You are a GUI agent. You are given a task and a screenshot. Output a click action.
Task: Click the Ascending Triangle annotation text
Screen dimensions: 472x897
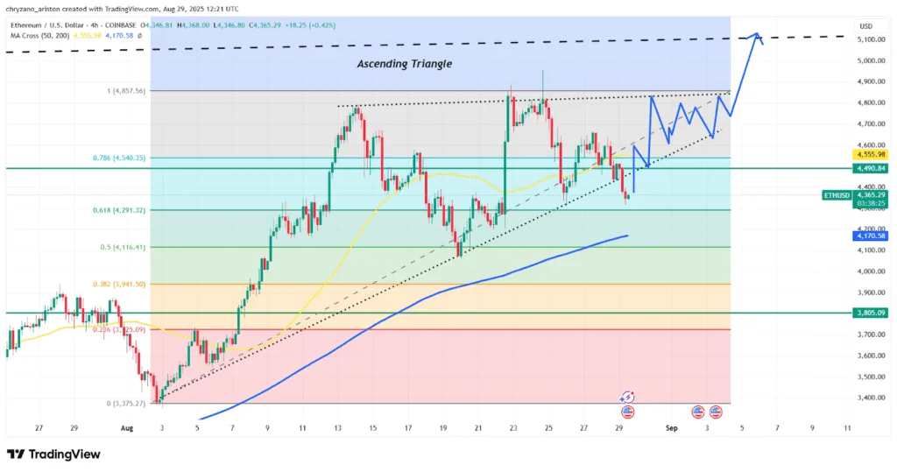pyautogui.click(x=404, y=64)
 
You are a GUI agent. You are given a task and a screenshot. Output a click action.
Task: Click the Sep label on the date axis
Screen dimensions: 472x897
pyautogui.click(x=672, y=428)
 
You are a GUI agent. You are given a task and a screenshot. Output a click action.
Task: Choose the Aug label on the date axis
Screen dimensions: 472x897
pyautogui.click(x=127, y=428)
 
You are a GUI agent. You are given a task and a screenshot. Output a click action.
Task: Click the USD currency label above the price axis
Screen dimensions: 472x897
pyautogui.click(x=867, y=25)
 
